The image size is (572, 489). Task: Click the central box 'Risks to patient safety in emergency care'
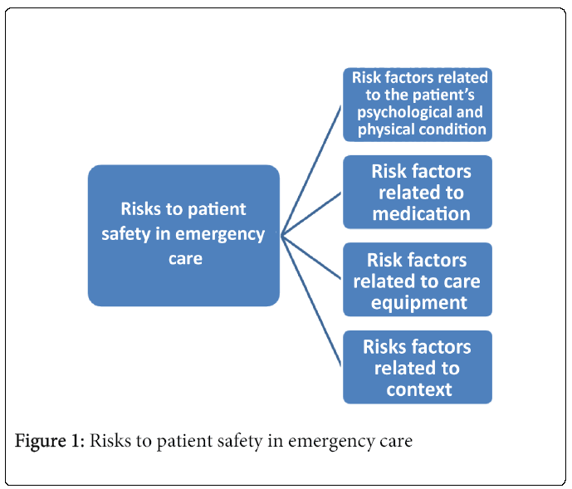pos(183,234)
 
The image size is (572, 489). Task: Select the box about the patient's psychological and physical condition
pos(418,104)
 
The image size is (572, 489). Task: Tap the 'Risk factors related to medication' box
pos(418,192)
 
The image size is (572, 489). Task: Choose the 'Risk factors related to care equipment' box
pos(418,280)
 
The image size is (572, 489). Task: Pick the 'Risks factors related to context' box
pos(418,367)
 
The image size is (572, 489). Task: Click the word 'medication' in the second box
pos(421,213)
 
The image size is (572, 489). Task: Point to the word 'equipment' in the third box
pos(419,301)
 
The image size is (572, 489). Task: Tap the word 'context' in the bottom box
pos(419,389)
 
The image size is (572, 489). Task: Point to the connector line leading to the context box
pos(311,298)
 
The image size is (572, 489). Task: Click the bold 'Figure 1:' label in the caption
pos(49,441)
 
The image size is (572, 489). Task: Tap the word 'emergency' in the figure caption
pos(327,441)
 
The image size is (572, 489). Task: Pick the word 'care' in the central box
pos(184,257)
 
